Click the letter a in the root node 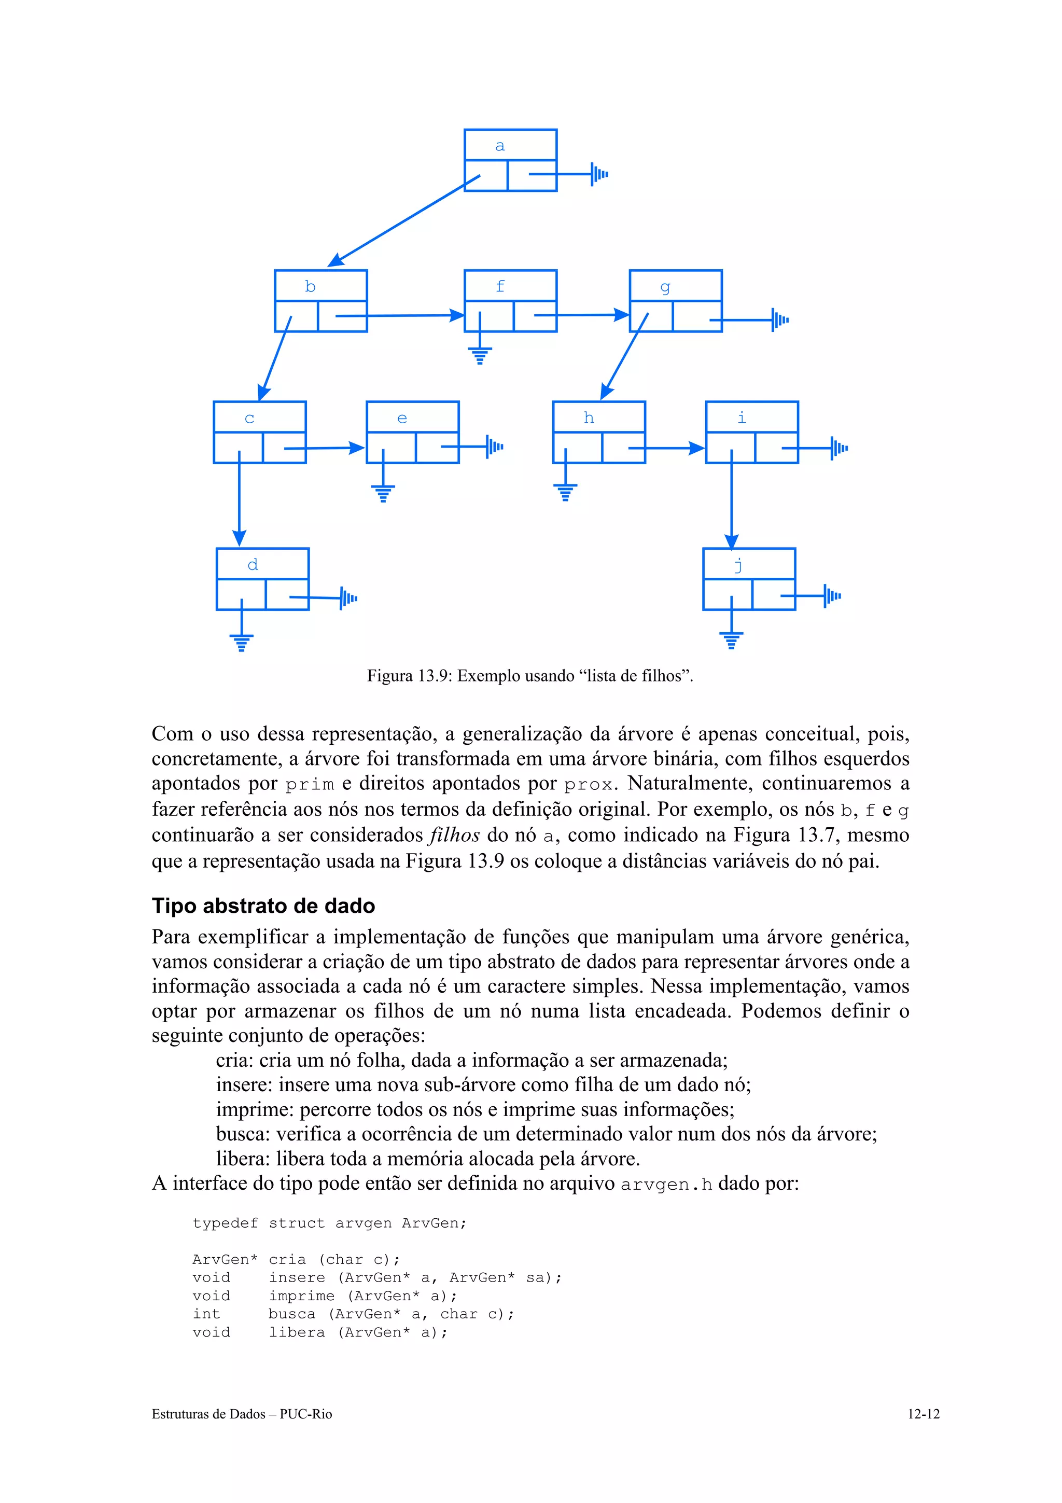500,146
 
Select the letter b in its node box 310,287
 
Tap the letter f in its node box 500,286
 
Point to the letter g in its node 665,287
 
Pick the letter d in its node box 253,564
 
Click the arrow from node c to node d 240,497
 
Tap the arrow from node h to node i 666,449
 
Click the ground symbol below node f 480,355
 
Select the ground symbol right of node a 599,174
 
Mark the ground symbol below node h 565,492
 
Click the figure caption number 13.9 435,676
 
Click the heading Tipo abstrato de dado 263,906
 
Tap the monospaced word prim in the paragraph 310,784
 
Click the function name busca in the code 291,1314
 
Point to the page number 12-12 923,1414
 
